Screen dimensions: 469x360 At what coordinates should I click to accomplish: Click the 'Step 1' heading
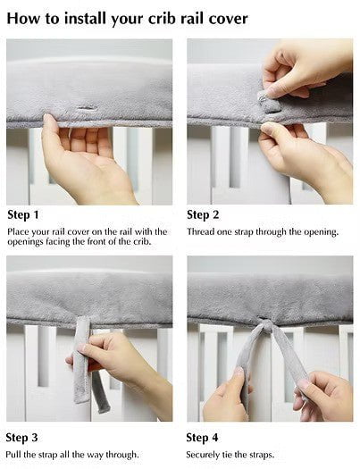(x=23, y=214)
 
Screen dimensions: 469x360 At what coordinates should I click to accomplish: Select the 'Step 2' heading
(x=203, y=214)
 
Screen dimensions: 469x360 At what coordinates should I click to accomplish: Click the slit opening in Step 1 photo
(x=87, y=109)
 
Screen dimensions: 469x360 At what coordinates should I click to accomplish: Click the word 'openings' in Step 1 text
(x=28, y=241)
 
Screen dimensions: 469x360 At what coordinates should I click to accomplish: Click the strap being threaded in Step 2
(x=269, y=98)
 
